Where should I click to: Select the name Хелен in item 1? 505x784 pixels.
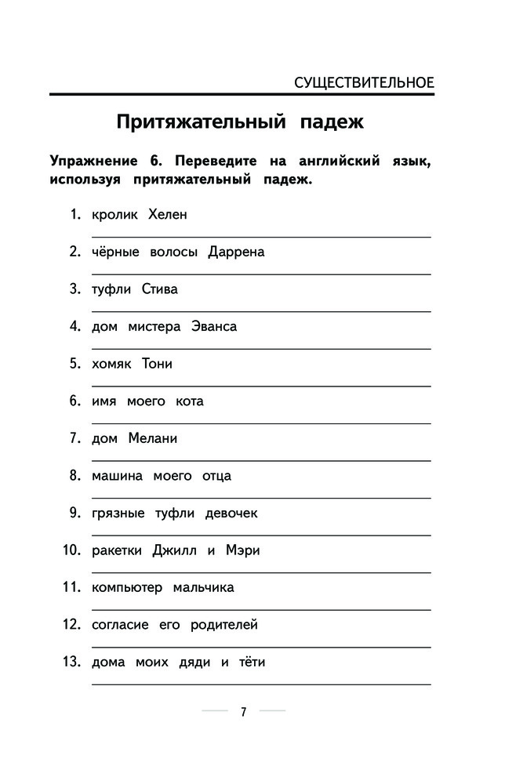pyautogui.click(x=168, y=215)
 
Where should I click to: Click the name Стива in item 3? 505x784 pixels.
pyautogui.click(x=160, y=289)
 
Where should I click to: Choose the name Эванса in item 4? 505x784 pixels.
pyautogui.click(x=214, y=327)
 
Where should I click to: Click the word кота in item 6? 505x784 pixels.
pyautogui.click(x=190, y=401)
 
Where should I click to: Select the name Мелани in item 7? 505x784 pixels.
pyautogui.click(x=153, y=438)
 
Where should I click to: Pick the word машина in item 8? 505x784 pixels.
pyautogui.click(x=117, y=476)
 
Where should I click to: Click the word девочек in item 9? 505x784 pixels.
pyautogui.click(x=231, y=514)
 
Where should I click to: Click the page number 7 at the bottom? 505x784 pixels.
pyautogui.click(x=243, y=712)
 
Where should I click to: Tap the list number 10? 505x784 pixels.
pyautogui.click(x=71, y=550)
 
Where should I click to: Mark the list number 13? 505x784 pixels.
pyautogui.click(x=71, y=662)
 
